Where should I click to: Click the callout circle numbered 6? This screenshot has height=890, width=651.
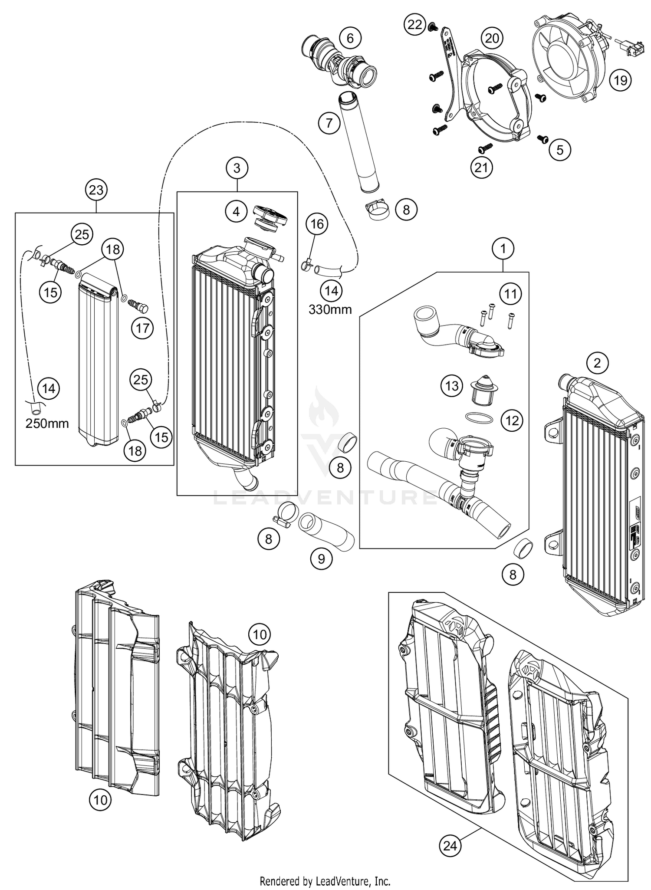pyautogui.click(x=350, y=38)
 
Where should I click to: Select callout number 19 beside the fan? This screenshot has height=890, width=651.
pyautogui.click(x=620, y=80)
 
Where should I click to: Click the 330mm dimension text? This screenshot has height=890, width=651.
pyautogui.click(x=330, y=309)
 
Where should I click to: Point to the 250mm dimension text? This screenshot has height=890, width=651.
pyautogui.click(x=47, y=424)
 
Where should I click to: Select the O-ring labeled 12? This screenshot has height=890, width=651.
pyautogui.click(x=479, y=418)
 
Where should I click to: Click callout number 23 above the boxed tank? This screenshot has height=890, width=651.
pyautogui.click(x=96, y=190)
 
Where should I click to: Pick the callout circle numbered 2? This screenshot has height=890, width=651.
pyautogui.click(x=597, y=362)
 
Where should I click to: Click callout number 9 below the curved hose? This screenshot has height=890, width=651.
pyautogui.click(x=321, y=558)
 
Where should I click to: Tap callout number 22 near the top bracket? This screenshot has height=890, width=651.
pyautogui.click(x=415, y=24)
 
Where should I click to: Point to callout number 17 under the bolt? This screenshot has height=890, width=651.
pyautogui.click(x=142, y=328)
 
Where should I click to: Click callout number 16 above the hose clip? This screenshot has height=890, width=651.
pyautogui.click(x=317, y=224)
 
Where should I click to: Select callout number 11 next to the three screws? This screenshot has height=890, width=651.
pyautogui.click(x=510, y=294)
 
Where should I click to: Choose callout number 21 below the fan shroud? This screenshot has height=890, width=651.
pyautogui.click(x=481, y=167)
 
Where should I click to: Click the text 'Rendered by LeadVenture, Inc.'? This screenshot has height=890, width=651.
pyautogui.click(x=325, y=881)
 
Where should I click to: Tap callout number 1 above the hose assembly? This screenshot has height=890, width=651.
pyautogui.click(x=503, y=249)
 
